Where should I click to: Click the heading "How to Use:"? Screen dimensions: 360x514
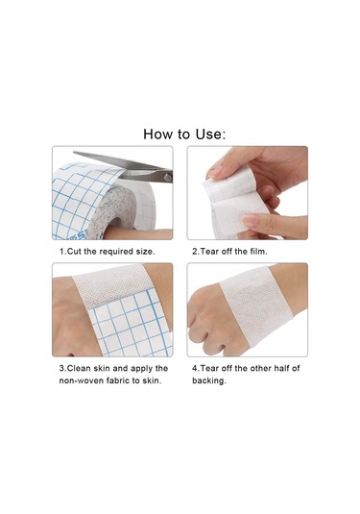pyautogui.click(x=184, y=135)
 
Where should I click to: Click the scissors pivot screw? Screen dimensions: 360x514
pyautogui.click(x=168, y=178)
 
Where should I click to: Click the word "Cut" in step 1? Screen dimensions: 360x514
pyautogui.click(x=74, y=252)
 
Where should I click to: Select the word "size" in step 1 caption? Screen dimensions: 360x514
pyautogui.click(x=143, y=252)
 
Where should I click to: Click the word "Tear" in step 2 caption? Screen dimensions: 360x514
pyautogui.click(x=209, y=252)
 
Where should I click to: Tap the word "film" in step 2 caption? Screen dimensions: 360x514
pyautogui.click(x=258, y=252)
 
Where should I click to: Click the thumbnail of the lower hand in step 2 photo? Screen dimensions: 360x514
pyautogui.click(x=250, y=220)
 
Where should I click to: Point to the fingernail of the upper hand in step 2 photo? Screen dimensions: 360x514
pyautogui.click(x=215, y=171)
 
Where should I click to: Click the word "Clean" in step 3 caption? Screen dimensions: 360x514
pyautogui.click(x=79, y=369)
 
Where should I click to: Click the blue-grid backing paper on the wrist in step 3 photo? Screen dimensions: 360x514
pyautogui.click(x=131, y=325)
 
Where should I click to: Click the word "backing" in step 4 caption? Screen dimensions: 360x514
pyautogui.click(x=208, y=380)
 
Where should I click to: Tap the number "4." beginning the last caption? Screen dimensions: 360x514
pyautogui.click(x=196, y=369)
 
